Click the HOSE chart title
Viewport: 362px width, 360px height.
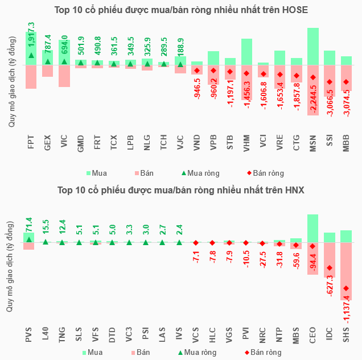[x=181, y=11]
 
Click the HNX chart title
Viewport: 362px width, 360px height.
[x=181, y=190]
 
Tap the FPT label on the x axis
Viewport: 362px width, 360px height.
[x=31, y=142]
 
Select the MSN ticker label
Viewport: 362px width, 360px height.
[x=313, y=142]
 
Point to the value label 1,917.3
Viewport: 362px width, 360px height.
[x=31, y=35]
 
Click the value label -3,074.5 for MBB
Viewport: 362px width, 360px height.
[x=346, y=104]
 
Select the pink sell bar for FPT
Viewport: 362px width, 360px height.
[x=31, y=77]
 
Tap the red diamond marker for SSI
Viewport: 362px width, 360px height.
[x=330, y=82]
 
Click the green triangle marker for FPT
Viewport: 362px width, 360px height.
[x=31, y=55]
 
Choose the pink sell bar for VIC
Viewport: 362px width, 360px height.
[x=64, y=76]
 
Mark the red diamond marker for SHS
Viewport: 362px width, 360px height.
[x=346, y=288]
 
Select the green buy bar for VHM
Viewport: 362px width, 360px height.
[x=247, y=52]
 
